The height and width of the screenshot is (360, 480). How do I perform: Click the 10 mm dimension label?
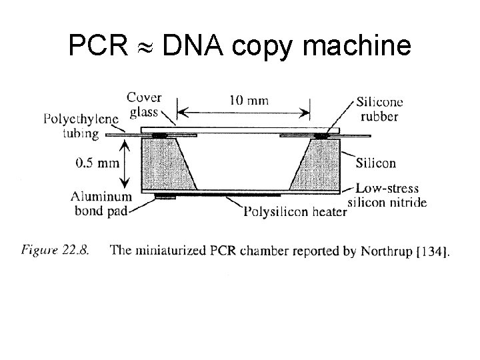tap(249, 101)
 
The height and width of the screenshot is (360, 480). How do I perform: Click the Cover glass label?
tap(143, 105)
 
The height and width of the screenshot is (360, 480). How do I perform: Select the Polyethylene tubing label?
tap(80, 126)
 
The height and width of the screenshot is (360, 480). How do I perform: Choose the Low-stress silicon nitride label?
tap(387, 195)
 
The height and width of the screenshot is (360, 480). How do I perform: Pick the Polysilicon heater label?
tap(295, 213)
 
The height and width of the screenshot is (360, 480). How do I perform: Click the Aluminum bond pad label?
tap(101, 204)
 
